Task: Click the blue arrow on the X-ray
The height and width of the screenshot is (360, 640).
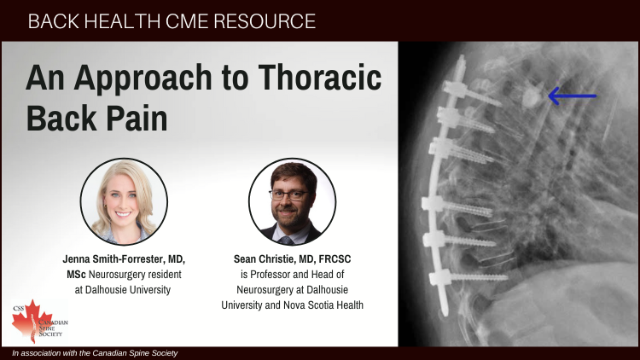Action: [x=572, y=96]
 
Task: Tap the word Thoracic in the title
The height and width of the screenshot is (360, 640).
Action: [x=320, y=77]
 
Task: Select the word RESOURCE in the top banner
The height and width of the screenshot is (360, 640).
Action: [x=265, y=21]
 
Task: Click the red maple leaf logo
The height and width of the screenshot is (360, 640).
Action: [x=32, y=321]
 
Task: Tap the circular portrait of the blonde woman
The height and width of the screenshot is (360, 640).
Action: [x=124, y=201]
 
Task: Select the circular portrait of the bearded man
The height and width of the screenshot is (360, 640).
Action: [x=292, y=201]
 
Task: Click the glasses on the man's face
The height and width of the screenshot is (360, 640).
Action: [x=289, y=195]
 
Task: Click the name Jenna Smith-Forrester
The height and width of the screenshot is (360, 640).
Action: [x=113, y=259]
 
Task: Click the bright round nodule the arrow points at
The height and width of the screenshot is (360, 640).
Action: [x=531, y=97]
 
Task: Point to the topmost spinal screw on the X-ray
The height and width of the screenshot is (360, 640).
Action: [x=472, y=93]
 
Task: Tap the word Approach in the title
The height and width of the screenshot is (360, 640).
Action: [x=143, y=78]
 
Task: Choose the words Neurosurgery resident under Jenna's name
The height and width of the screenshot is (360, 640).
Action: [x=135, y=275]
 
